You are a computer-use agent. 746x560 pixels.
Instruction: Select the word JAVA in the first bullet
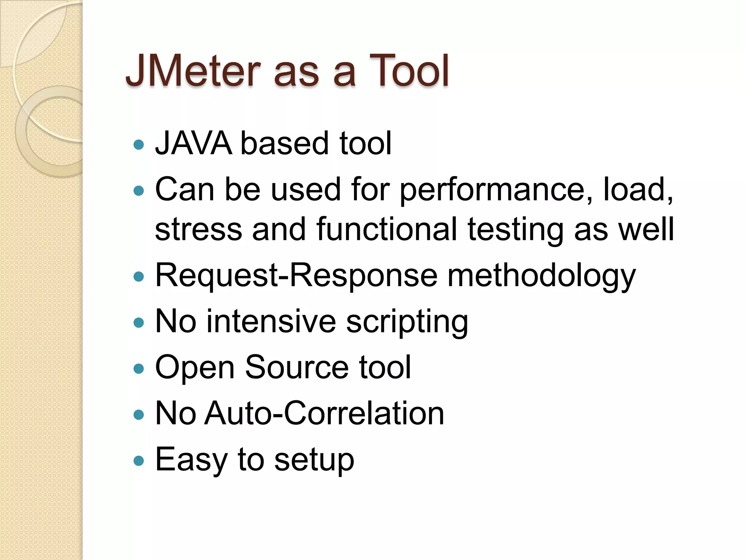[x=193, y=143]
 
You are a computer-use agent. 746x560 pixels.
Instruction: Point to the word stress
[x=199, y=230]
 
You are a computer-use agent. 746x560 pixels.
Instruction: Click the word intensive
[x=271, y=322]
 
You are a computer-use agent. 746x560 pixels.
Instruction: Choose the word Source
[x=297, y=367]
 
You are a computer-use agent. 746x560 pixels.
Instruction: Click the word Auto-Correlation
[x=324, y=413]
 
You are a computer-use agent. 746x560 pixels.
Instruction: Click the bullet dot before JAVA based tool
[x=139, y=145]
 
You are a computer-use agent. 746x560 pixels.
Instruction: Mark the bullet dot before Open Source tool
[x=139, y=369]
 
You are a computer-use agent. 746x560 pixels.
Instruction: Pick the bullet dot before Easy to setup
[x=139, y=461]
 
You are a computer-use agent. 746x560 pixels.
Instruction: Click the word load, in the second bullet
[x=638, y=190]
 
